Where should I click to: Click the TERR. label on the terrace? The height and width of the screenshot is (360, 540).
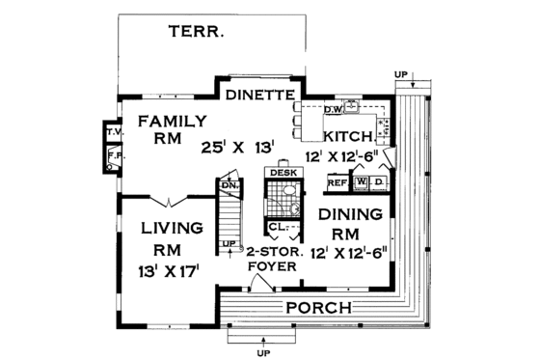pyautogui.click(x=197, y=31)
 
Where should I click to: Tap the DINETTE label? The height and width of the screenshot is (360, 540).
pyautogui.click(x=259, y=96)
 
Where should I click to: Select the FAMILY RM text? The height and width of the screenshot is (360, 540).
pyautogui.click(x=170, y=129)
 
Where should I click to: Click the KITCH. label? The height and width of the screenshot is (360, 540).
pyautogui.click(x=348, y=137)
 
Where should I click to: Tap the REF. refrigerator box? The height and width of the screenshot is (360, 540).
pyautogui.click(x=337, y=181)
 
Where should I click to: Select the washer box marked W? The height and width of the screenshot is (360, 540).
pyautogui.click(x=361, y=181)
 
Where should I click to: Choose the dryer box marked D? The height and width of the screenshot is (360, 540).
pyautogui.click(x=379, y=181)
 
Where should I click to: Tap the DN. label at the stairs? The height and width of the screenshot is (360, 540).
pyautogui.click(x=229, y=184)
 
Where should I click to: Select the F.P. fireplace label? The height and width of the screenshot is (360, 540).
pyautogui.click(x=114, y=154)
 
